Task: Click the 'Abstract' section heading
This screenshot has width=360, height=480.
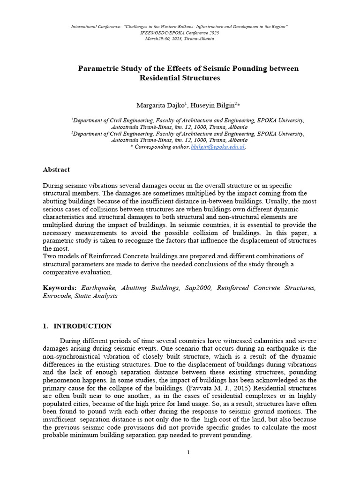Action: pyautogui.click(x=56, y=170)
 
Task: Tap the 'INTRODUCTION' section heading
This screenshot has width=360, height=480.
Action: pyautogui.click(x=82, y=326)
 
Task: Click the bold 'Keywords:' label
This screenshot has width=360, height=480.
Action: pyautogui.click(x=60, y=287)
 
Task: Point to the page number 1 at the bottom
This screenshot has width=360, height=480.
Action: pyautogui.click(x=188, y=452)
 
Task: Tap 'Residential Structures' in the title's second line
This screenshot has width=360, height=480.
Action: pyautogui.click(x=180, y=78)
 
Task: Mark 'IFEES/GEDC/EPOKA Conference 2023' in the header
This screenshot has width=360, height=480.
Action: pyautogui.click(x=180, y=33)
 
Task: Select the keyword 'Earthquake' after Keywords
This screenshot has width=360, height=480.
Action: pyautogui.click(x=101, y=287)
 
